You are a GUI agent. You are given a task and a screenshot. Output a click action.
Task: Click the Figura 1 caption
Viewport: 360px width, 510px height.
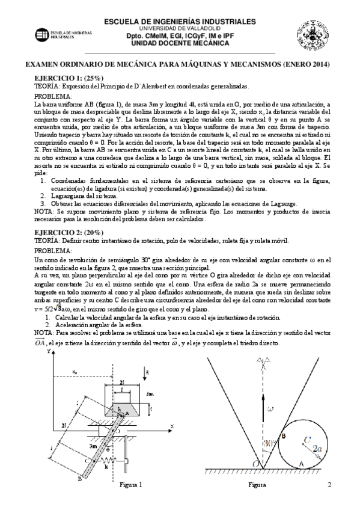click(x=131, y=485)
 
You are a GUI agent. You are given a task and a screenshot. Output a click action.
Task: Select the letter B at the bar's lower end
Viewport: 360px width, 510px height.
click(x=79, y=479)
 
